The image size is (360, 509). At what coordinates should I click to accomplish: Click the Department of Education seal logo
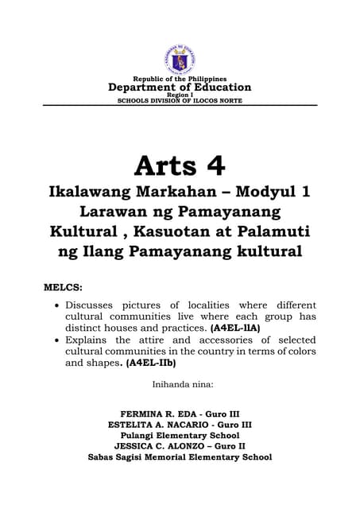(x=180, y=59)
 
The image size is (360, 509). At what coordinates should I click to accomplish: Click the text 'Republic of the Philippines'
(x=180, y=80)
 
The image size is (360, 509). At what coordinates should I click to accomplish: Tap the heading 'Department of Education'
(x=180, y=87)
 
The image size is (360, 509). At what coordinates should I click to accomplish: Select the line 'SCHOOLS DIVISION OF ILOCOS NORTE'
(x=180, y=101)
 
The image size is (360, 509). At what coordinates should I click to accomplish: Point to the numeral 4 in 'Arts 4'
(x=213, y=165)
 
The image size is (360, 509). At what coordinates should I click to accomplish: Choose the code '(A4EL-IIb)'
(x=151, y=363)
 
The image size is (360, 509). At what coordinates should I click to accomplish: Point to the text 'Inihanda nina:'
(x=180, y=386)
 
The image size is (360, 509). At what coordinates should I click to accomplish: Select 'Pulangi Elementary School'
(x=180, y=436)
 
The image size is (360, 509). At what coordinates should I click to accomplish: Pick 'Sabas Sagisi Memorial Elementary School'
(x=180, y=457)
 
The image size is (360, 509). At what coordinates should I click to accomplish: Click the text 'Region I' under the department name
(x=180, y=95)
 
